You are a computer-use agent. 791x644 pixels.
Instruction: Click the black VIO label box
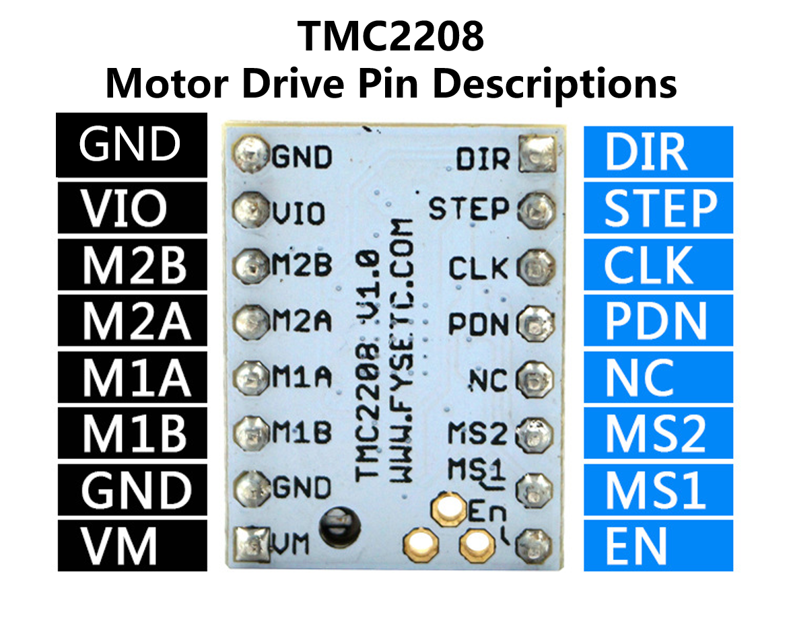pos(132,209)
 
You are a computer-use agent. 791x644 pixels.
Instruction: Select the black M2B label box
pos(132,265)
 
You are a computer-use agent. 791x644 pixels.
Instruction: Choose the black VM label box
pos(132,546)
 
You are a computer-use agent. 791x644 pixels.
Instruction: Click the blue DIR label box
pos(658,152)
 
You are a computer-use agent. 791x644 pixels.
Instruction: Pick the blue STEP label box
pos(658,209)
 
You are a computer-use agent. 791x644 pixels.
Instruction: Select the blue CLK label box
pos(658,265)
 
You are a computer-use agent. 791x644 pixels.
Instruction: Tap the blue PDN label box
pos(658,322)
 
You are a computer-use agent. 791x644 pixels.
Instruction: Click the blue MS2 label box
pos(658,434)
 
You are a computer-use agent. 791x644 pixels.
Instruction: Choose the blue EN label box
pos(658,546)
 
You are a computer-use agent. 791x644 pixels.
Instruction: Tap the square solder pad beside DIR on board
pos(537,155)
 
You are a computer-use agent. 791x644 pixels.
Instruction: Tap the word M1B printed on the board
pos(302,433)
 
